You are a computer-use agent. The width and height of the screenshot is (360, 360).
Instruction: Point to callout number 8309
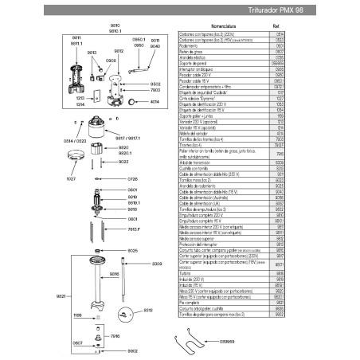(x=156, y=263)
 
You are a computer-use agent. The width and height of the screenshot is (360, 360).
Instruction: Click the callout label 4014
(x=155, y=101)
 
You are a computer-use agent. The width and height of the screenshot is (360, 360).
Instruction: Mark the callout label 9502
(x=155, y=83)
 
